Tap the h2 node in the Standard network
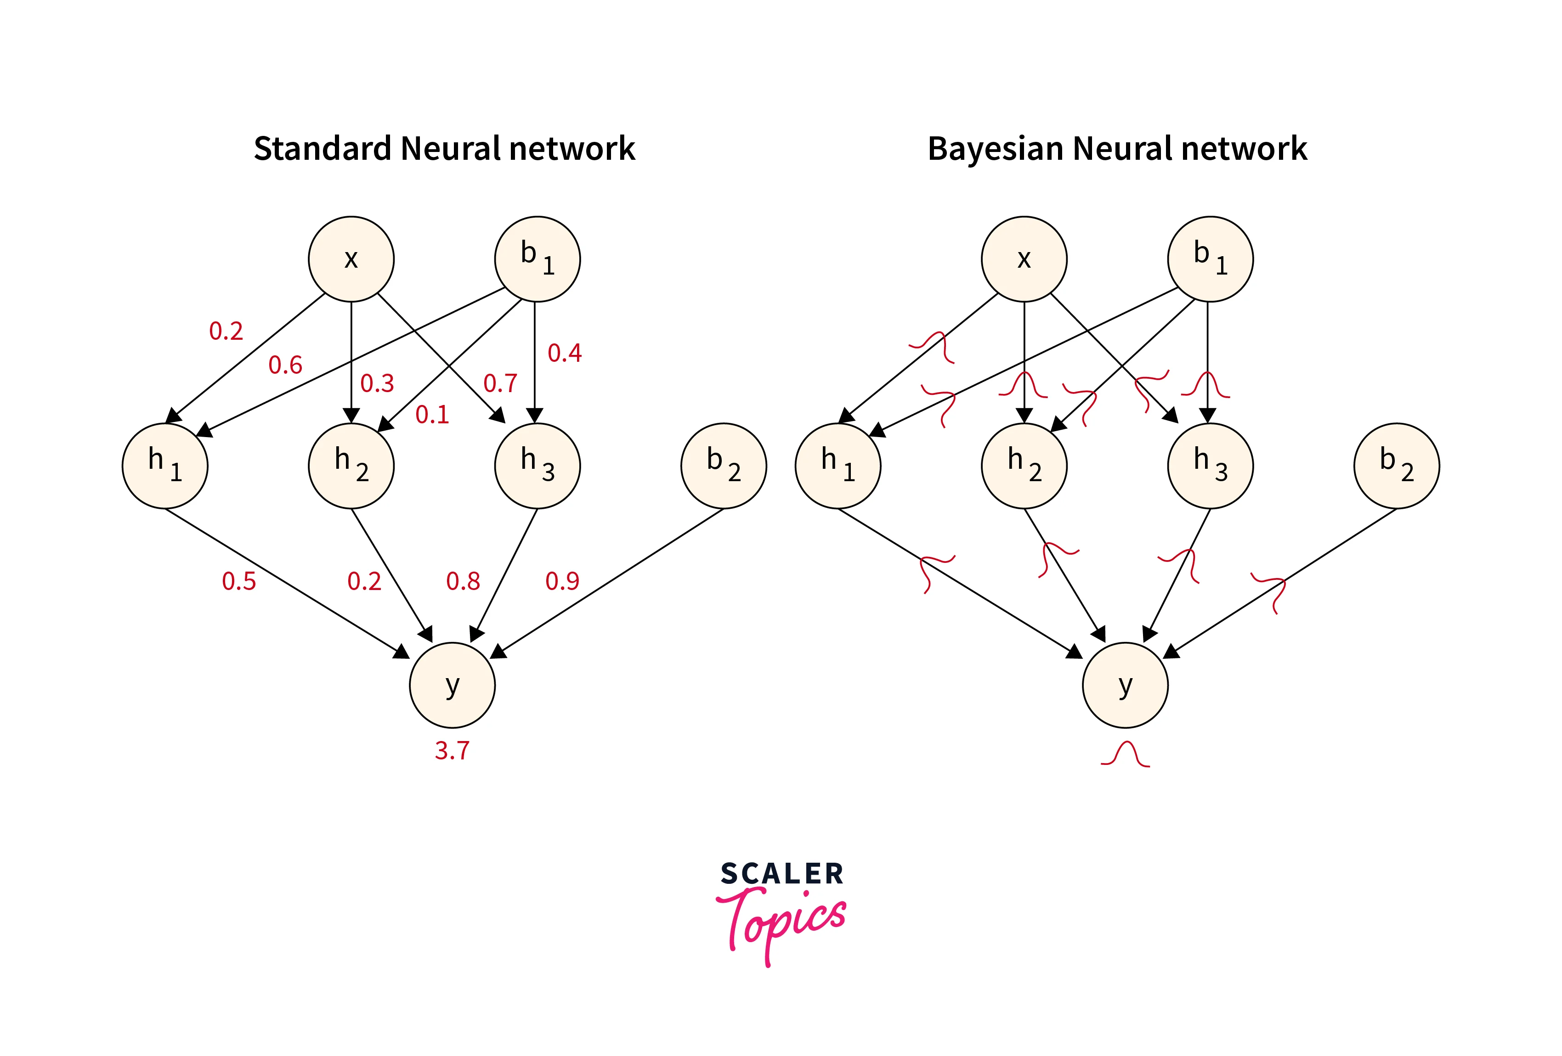click(x=351, y=466)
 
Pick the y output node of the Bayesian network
click(x=1125, y=685)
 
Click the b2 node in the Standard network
click(x=723, y=466)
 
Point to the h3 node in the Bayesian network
click(x=1210, y=466)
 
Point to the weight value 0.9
click(x=562, y=581)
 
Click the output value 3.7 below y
click(x=452, y=750)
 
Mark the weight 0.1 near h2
click(x=431, y=415)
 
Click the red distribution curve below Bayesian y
click(x=1125, y=755)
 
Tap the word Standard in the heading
click(x=322, y=148)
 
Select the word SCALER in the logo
click(x=781, y=874)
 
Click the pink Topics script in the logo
click(x=781, y=920)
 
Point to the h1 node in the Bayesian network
click(x=838, y=466)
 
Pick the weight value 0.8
click(x=463, y=581)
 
